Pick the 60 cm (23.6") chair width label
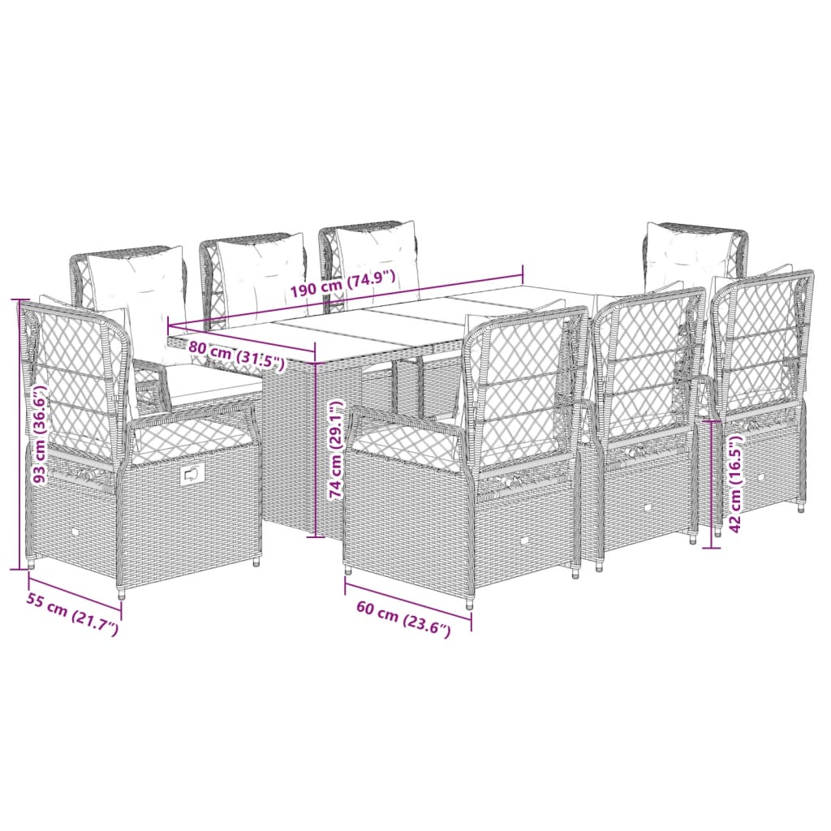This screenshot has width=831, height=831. [402, 622]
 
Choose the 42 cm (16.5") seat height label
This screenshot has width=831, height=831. [736, 484]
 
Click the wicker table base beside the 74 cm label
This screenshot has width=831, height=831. [288, 454]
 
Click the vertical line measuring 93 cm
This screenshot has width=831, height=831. [19, 434]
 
